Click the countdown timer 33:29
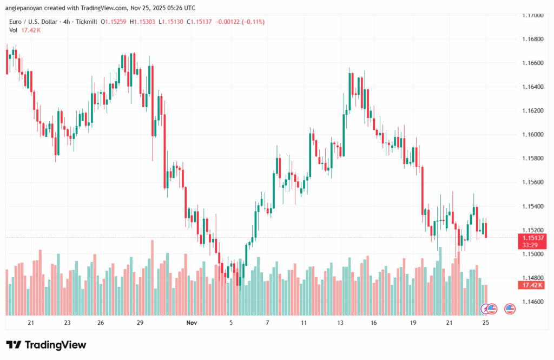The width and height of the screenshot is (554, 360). point(531,245)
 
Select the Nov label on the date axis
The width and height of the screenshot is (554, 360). point(192,323)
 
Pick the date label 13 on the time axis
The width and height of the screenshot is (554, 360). point(340,323)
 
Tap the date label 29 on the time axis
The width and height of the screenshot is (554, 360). point(140,323)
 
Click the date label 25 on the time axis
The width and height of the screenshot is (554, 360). point(485,323)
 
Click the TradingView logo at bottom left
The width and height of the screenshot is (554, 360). point(46,345)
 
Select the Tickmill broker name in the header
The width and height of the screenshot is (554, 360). point(87,22)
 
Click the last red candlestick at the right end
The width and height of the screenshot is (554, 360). point(486,230)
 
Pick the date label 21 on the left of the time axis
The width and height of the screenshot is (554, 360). point(31,323)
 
